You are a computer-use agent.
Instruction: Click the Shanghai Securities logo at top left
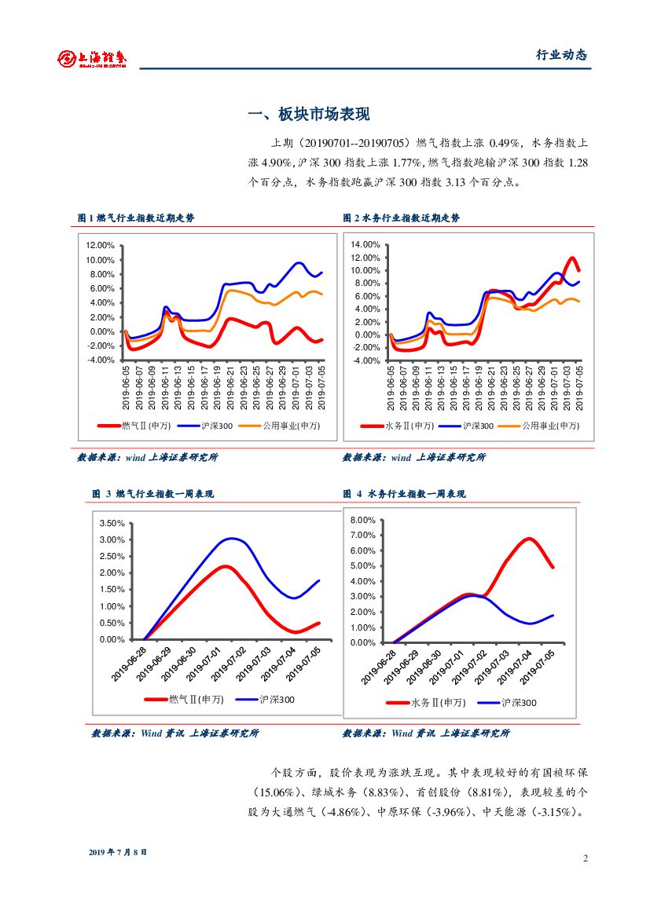click(x=92, y=57)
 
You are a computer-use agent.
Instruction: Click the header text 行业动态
click(x=561, y=55)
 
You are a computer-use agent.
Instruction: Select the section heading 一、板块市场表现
click(x=308, y=115)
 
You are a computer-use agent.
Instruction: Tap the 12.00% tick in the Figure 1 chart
click(x=101, y=246)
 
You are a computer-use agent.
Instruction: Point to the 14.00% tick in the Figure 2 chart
click(x=365, y=245)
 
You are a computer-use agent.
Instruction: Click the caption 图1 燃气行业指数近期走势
click(x=136, y=218)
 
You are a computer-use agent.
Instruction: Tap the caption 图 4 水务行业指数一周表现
click(x=404, y=494)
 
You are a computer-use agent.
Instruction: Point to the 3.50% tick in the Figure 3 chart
click(x=112, y=523)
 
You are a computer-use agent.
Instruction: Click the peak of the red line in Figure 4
click(x=530, y=539)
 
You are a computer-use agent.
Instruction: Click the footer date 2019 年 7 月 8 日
click(x=118, y=852)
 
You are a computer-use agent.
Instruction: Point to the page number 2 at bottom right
click(x=586, y=858)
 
